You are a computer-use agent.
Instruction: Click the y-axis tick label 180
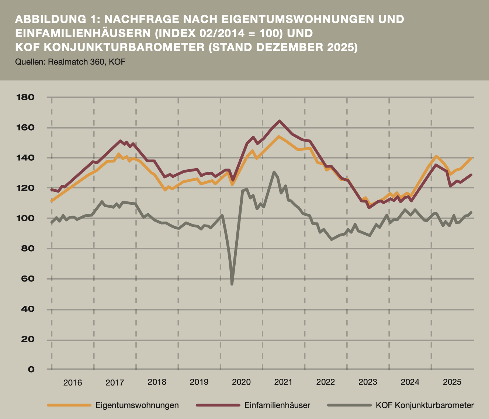coord(25,97)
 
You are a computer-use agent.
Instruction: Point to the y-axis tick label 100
coord(25,218)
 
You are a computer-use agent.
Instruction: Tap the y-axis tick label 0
coord(31,369)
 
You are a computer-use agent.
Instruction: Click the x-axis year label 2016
coord(73,382)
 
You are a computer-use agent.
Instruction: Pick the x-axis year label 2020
coord(241,382)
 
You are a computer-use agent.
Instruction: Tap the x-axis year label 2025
coord(452,382)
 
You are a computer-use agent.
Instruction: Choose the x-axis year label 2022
coord(326,382)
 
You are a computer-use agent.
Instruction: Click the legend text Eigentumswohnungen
coord(137,405)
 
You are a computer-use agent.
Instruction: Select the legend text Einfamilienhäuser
coord(277,405)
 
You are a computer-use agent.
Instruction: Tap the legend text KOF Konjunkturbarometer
coord(424,405)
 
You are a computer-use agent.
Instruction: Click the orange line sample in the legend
coord(69,405)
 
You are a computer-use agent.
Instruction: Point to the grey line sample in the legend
coord(349,405)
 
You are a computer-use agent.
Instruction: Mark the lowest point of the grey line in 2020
coord(232,284)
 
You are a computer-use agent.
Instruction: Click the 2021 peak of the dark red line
coord(280,121)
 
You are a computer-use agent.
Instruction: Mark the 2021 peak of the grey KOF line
coord(274,172)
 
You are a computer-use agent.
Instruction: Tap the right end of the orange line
coord(471,158)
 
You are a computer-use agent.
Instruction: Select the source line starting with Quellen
coord(70,62)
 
